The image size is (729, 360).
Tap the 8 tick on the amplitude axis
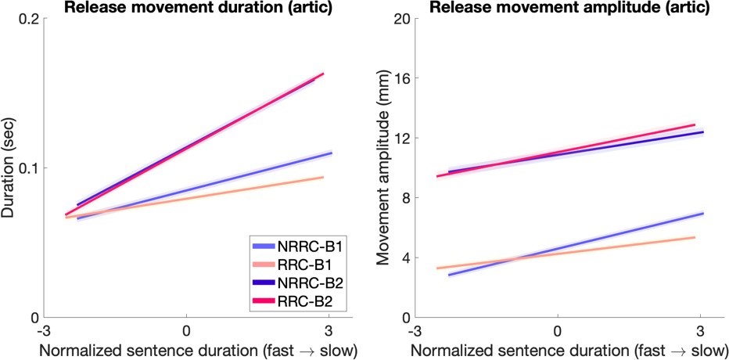point(402,198)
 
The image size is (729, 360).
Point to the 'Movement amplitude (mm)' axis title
point(383,168)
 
